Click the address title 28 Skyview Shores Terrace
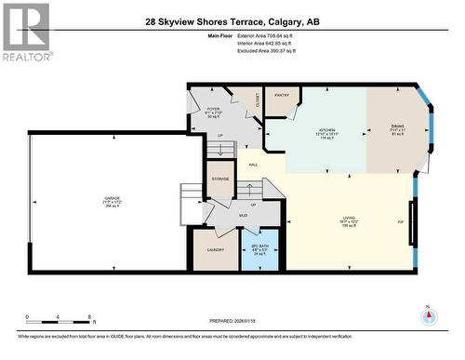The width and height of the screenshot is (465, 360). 232,21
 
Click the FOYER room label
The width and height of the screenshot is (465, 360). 212,111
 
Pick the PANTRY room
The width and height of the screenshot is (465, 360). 281,93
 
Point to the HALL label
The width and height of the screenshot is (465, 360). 253,165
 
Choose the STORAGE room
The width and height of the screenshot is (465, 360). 220,179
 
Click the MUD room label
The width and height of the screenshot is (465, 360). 242,215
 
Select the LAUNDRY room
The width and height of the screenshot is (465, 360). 215,250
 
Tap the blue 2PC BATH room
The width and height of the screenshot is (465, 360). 259,249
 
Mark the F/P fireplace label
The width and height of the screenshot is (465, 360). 400,222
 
